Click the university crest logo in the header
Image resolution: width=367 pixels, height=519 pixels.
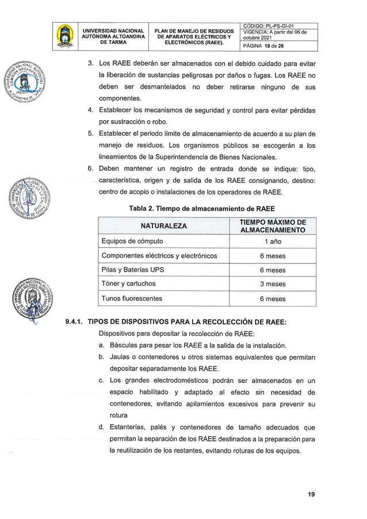tap(65, 37)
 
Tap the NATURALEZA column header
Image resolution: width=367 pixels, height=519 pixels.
tap(163, 226)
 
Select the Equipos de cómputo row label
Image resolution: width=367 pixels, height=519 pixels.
tap(132, 241)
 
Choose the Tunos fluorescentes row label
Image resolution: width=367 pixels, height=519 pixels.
tap(132, 299)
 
